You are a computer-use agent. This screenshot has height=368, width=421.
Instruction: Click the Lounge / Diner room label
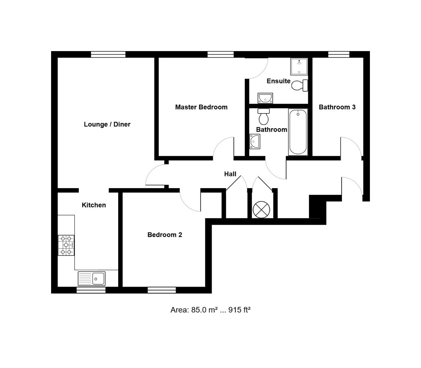pyautogui.click(x=107, y=124)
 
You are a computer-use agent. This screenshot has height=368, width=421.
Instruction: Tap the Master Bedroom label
pyautogui.click(x=201, y=107)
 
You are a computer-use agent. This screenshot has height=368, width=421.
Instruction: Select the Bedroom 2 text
pyautogui.click(x=165, y=235)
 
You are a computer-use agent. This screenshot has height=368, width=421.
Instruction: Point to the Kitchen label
pyautogui.click(x=94, y=205)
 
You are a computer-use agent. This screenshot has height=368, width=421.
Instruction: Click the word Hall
pyautogui.click(x=230, y=174)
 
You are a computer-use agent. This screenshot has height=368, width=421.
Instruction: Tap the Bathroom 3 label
pyautogui.click(x=337, y=107)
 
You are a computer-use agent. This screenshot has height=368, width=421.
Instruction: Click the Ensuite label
pyautogui.click(x=278, y=81)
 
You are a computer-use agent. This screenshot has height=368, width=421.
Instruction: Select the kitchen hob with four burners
pyautogui.click(x=66, y=245)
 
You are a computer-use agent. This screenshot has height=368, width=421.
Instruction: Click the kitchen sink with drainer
pyautogui.click(x=92, y=278)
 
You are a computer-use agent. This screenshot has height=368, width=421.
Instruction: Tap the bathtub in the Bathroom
pyautogui.click(x=298, y=132)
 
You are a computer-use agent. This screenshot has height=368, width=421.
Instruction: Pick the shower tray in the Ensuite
pyautogui.click(x=299, y=66)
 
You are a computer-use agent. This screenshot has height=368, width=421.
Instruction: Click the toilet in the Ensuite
pyautogui.click(x=300, y=85)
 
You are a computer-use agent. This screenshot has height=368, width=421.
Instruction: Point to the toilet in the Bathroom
pyautogui.click(x=264, y=117)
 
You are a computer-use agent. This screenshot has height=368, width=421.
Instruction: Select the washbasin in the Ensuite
pyautogui.click(x=265, y=98)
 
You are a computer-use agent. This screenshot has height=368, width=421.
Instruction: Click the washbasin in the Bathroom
pyautogui.click(x=254, y=141)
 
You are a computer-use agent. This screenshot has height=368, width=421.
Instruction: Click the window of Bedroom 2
pyautogui.click(x=162, y=290)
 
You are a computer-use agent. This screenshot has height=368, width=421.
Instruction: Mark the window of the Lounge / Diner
pyautogui.click(x=108, y=54)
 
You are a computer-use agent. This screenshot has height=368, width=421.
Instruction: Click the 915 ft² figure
pyautogui.click(x=239, y=310)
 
